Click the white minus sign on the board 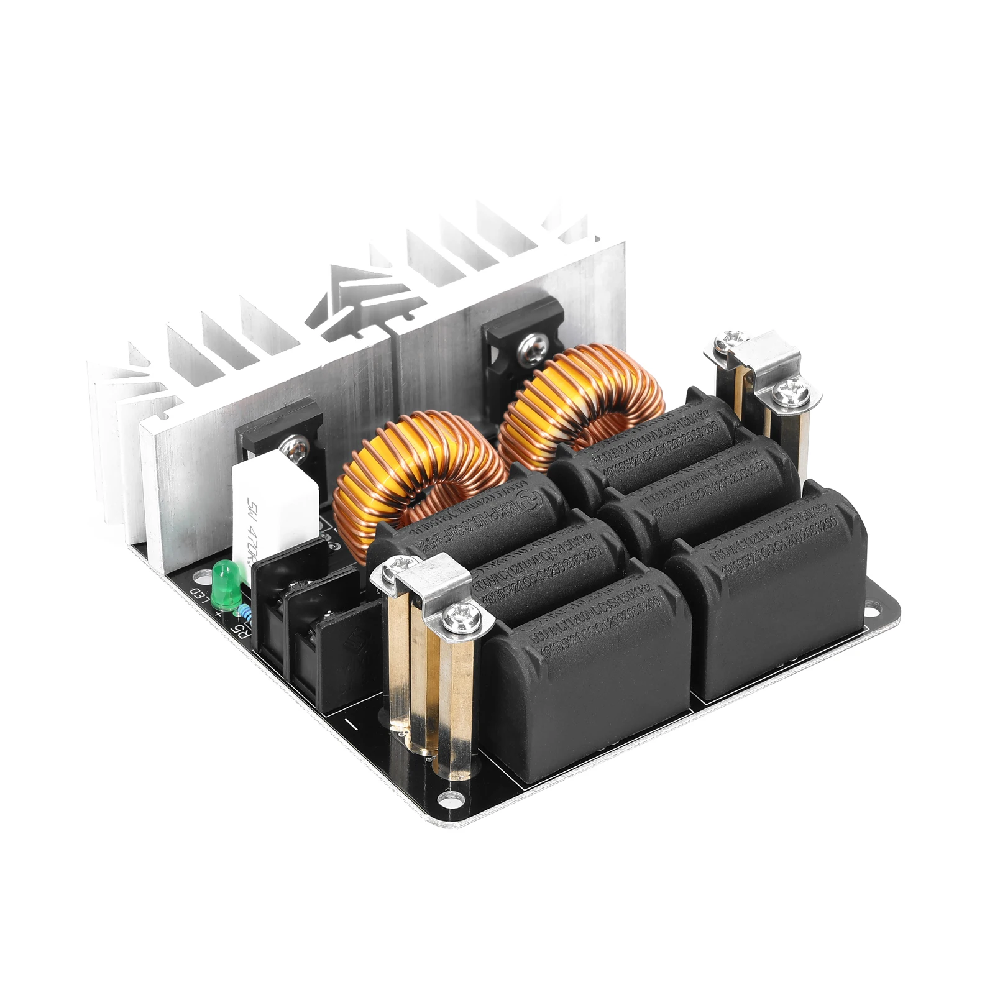[351, 724]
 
